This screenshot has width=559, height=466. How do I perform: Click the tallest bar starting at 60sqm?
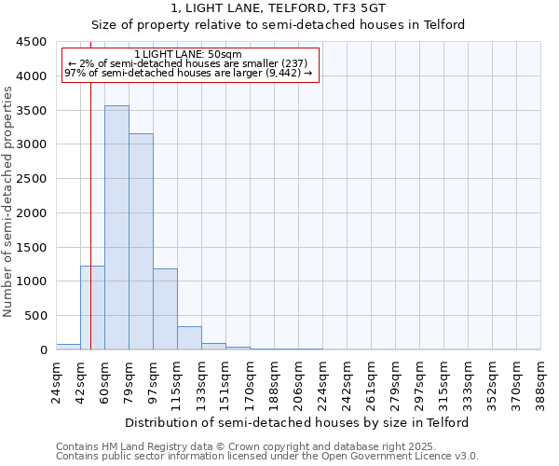(116, 228)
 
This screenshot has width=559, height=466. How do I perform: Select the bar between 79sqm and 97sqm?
(141, 242)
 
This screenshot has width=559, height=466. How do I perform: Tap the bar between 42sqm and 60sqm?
(92, 308)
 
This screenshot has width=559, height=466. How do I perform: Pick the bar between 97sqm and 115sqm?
(165, 309)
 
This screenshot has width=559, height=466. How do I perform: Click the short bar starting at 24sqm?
(68, 347)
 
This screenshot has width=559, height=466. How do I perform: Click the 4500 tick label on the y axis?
(32, 42)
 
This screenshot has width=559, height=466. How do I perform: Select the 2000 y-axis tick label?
(32, 213)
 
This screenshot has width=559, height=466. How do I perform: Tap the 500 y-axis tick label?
(35, 316)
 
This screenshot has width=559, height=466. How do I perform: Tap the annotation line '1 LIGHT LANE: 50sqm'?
(188, 54)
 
